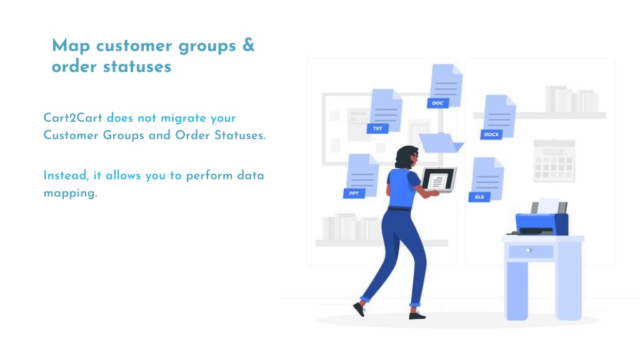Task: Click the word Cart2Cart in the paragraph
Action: (x=72, y=118)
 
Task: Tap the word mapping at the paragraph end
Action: (x=70, y=193)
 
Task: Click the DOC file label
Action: (x=437, y=103)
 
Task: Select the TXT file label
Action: (x=377, y=129)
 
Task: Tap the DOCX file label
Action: (x=491, y=134)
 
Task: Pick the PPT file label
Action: (x=354, y=193)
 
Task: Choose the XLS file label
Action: (x=479, y=197)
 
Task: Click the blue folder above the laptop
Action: (x=441, y=142)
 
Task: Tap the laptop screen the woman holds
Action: (x=439, y=179)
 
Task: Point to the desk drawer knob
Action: (x=529, y=250)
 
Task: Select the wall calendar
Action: (x=554, y=161)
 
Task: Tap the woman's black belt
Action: (x=399, y=209)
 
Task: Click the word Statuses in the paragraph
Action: (x=240, y=135)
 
